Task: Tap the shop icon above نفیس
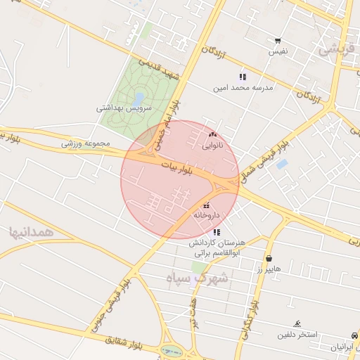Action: [278, 41]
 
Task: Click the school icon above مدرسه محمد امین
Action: [243, 77]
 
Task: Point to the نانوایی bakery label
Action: [213, 146]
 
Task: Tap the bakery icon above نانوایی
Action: [213, 134]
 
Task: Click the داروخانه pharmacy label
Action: [207, 215]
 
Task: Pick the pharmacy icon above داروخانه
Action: [205, 205]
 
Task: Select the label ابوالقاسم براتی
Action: [217, 252]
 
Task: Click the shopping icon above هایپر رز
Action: [270, 257]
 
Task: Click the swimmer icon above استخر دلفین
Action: [298, 323]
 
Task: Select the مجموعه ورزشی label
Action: [86, 143]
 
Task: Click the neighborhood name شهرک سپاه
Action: [198, 278]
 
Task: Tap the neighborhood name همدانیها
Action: [28, 231]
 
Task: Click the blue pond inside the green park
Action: [139, 98]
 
